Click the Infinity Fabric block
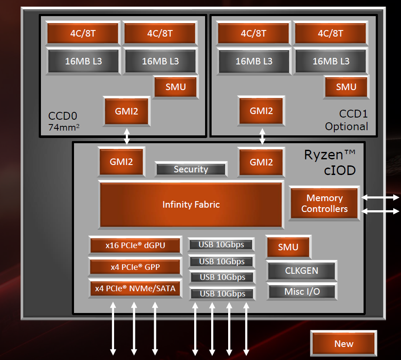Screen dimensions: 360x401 coord(191,204)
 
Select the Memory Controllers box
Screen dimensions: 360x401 coord(324,203)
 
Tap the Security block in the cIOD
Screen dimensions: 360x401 coord(191,169)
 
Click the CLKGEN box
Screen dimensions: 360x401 coord(301,271)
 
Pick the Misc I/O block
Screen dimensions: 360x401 coord(301,292)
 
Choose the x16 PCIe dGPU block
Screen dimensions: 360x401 coord(135,246)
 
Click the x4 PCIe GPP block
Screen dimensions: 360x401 coord(135,267)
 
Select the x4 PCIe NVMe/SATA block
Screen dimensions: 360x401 coord(135,288)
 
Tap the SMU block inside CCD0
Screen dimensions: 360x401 coord(175,87)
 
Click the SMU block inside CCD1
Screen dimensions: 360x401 coord(346,87)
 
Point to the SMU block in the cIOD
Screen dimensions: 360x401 coord(288,247)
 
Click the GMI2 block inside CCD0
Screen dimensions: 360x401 coord(127,111)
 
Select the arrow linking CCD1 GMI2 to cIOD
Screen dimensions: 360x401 coord(262,136)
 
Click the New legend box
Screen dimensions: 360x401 coord(344,344)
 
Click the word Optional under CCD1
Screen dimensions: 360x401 coord(346,127)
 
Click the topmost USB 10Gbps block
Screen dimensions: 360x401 coord(221,245)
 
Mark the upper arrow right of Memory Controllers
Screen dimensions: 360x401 coord(380,197)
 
